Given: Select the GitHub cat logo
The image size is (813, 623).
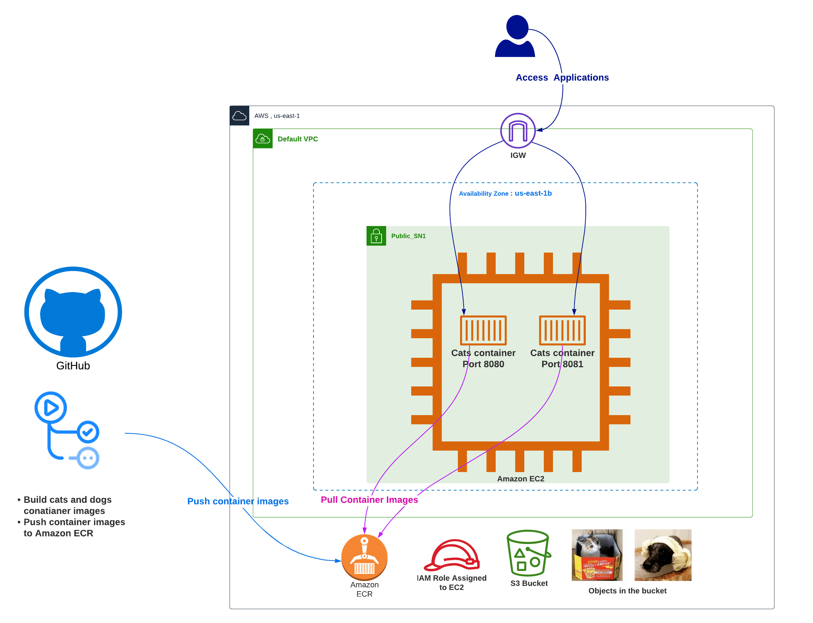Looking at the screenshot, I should tap(73, 312).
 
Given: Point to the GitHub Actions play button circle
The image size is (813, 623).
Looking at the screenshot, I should tap(51, 407).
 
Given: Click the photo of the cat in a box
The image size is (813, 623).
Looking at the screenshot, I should tap(597, 555).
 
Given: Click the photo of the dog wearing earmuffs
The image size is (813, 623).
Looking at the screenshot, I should tap(663, 555).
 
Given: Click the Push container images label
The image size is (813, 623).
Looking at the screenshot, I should tap(238, 501).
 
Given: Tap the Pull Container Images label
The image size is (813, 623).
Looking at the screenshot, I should tap(369, 500).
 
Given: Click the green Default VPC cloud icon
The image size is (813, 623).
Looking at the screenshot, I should tap(263, 139).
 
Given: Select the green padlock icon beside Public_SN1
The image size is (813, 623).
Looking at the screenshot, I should tap(376, 236).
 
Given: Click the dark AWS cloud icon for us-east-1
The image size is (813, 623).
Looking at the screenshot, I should tap(239, 116).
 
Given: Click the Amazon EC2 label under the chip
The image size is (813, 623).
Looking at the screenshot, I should tap(520, 479).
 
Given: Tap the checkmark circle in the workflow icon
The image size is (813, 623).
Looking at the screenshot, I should tap(88, 432).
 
